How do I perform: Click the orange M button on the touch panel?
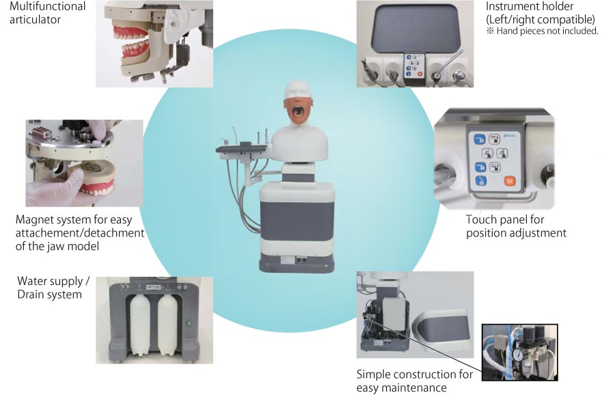point(508,181)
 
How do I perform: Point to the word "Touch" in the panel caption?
point(482,219)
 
